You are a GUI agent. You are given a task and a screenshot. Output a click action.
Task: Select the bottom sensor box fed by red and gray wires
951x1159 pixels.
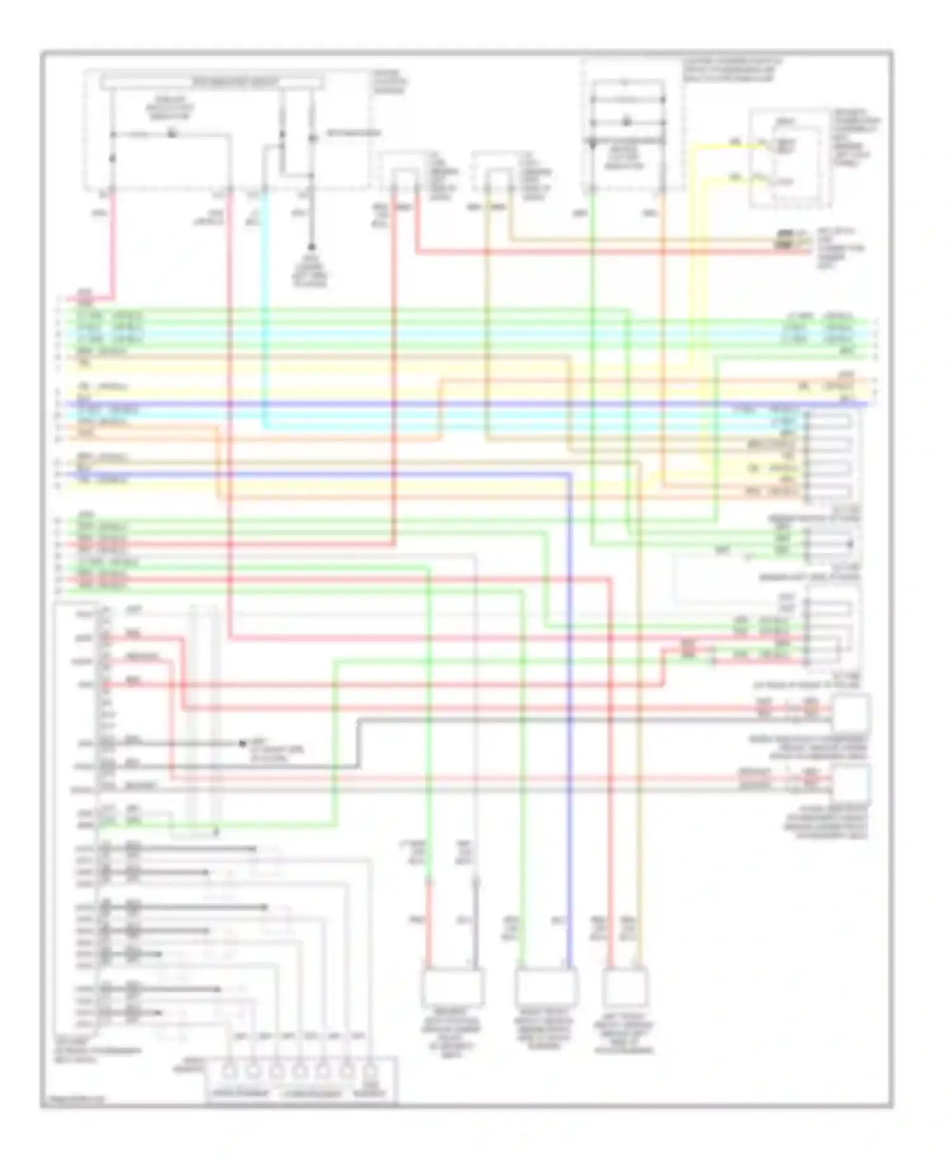click(452, 987)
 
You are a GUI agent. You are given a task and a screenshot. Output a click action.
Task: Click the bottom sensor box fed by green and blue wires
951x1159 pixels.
click(545, 987)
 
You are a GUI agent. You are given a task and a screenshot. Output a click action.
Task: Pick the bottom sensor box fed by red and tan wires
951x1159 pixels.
click(624, 988)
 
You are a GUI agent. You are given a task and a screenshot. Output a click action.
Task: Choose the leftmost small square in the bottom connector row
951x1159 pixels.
click(230, 1072)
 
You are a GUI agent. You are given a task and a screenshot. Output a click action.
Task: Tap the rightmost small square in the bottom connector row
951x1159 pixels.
click(369, 1072)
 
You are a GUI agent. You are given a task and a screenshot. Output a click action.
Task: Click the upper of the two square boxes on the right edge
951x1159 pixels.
click(851, 713)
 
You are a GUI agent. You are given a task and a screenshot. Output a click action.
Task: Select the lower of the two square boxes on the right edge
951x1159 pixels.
click(851, 784)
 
